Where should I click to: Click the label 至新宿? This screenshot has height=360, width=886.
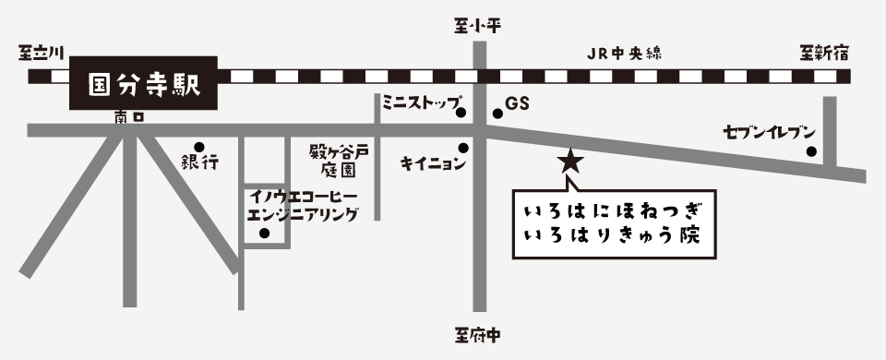pyautogui.click(x=823, y=54)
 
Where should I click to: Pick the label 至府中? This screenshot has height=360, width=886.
pyautogui.click(x=478, y=334)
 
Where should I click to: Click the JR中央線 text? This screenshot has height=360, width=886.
pyautogui.click(x=629, y=54)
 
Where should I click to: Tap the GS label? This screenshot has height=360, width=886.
pyautogui.click(x=517, y=105)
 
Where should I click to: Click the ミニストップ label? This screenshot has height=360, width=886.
pyautogui.click(x=421, y=101)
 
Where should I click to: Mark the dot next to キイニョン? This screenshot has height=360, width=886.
pyautogui.click(x=463, y=147)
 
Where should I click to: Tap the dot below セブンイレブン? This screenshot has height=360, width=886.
pyautogui.click(x=811, y=152)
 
